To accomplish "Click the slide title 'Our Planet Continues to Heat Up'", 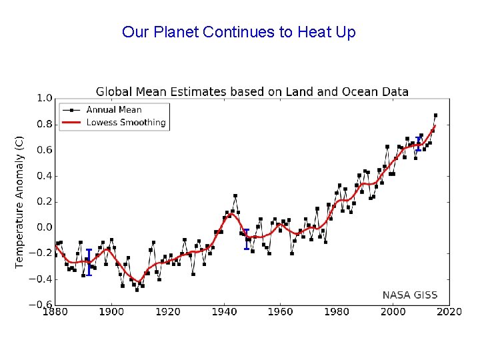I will click(x=239, y=32).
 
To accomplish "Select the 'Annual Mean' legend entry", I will click(x=113, y=110).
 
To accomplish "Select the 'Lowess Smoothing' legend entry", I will click(x=125, y=123).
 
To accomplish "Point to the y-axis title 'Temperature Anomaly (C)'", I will click(x=20, y=202).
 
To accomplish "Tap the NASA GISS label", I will click(x=410, y=295).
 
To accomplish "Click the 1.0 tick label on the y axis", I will click(x=44, y=98).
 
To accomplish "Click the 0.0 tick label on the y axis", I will click(x=44, y=227).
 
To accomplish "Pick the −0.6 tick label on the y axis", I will click(x=42, y=305).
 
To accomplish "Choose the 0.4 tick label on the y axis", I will click(x=44, y=176).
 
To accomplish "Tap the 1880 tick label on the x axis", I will click(x=55, y=311).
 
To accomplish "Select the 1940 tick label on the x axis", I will click(x=225, y=311).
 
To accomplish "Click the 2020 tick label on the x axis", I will click(x=449, y=311).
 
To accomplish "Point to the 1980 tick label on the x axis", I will click(x=337, y=311).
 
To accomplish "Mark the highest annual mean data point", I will click(x=435, y=115).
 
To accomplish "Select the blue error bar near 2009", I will click(x=418, y=144).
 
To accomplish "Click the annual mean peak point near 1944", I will click(x=235, y=196).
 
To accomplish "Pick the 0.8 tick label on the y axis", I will click(x=44, y=124).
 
